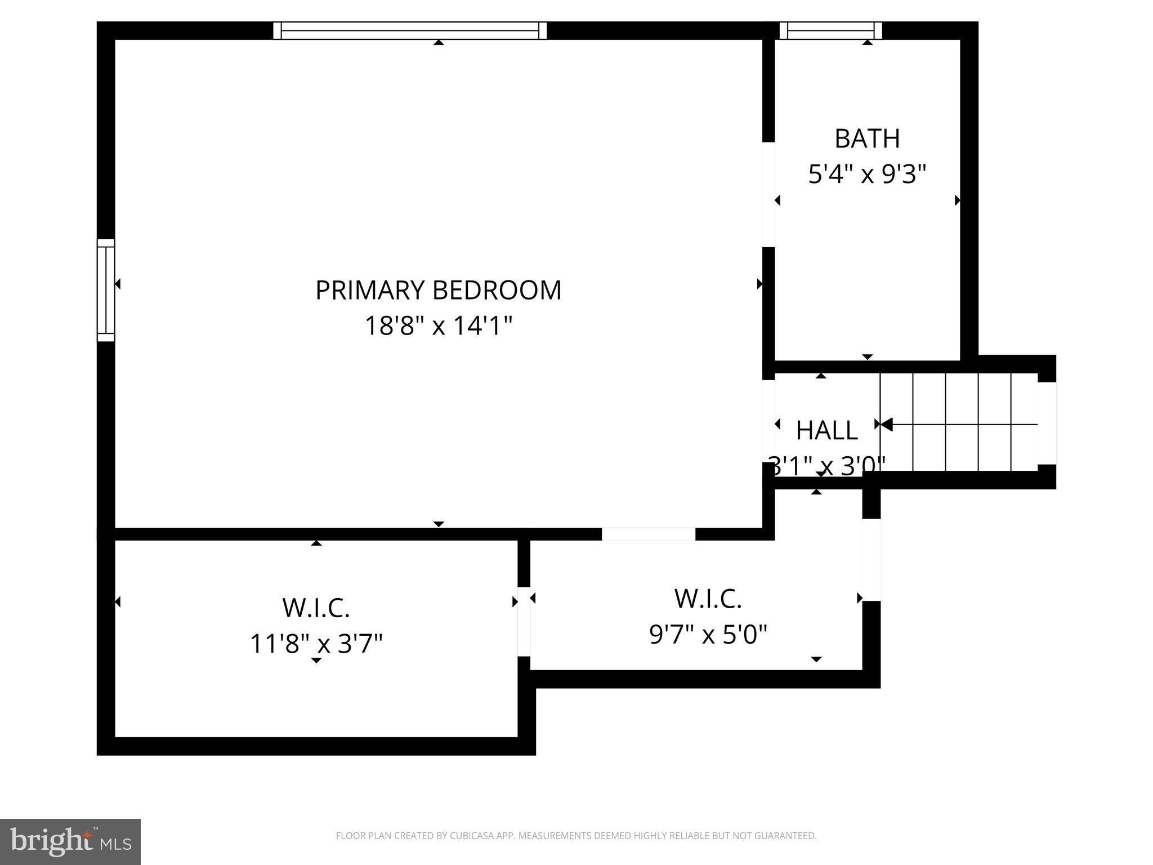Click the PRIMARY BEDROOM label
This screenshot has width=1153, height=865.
(438, 291)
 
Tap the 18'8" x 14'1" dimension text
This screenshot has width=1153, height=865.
(439, 326)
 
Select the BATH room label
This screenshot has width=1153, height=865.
(867, 139)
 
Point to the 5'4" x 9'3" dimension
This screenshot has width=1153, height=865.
(867, 174)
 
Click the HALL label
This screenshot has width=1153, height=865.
(826, 431)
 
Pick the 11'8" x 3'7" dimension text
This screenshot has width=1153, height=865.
(316, 644)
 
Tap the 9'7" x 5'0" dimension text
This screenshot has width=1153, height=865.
(708, 635)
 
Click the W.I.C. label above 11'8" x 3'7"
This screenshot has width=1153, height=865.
(316, 608)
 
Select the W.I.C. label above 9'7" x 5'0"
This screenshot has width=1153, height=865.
(708, 599)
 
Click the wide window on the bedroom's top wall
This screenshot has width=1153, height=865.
(410, 30)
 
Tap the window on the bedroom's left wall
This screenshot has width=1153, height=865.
(106, 290)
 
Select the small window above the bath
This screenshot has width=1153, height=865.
(830, 30)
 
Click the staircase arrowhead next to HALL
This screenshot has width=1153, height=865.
(886, 424)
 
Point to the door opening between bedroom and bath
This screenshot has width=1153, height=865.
(768, 194)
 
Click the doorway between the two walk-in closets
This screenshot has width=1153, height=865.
(524, 622)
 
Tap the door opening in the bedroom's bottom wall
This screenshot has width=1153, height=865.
(649, 534)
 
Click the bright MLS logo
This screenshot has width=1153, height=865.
(70, 841)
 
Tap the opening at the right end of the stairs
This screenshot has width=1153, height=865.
(1047, 423)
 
